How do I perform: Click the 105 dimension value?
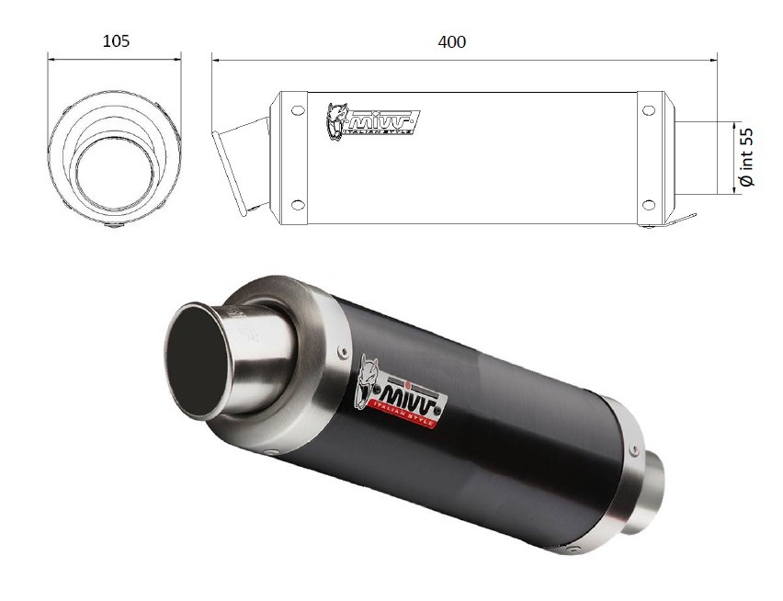(x=116, y=41)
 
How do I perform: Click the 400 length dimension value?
(x=452, y=42)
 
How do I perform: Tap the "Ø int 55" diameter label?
(x=746, y=157)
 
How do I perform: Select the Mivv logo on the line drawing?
(x=373, y=120)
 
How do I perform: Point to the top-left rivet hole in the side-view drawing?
(x=298, y=110)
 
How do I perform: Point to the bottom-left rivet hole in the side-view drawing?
(x=298, y=204)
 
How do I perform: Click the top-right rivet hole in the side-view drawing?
(x=649, y=110)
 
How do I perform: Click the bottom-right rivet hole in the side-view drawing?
(x=649, y=204)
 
